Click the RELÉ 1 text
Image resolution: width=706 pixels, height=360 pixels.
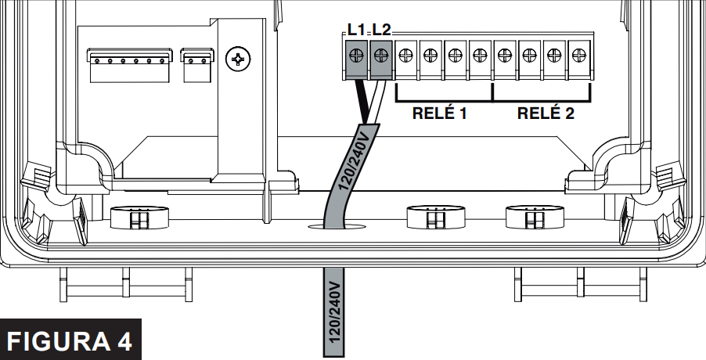click(439, 113)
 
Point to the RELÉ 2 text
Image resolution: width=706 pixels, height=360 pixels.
click(546, 113)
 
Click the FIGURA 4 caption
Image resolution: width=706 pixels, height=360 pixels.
click(70, 340)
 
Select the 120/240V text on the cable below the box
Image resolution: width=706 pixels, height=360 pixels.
click(335, 313)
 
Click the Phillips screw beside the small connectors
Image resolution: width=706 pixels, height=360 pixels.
click(237, 57)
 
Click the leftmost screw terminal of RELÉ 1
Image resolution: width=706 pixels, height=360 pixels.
click(406, 56)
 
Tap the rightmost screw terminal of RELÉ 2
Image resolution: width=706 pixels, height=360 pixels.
click(578, 56)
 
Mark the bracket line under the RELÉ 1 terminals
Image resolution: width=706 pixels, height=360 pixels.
click(443, 101)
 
